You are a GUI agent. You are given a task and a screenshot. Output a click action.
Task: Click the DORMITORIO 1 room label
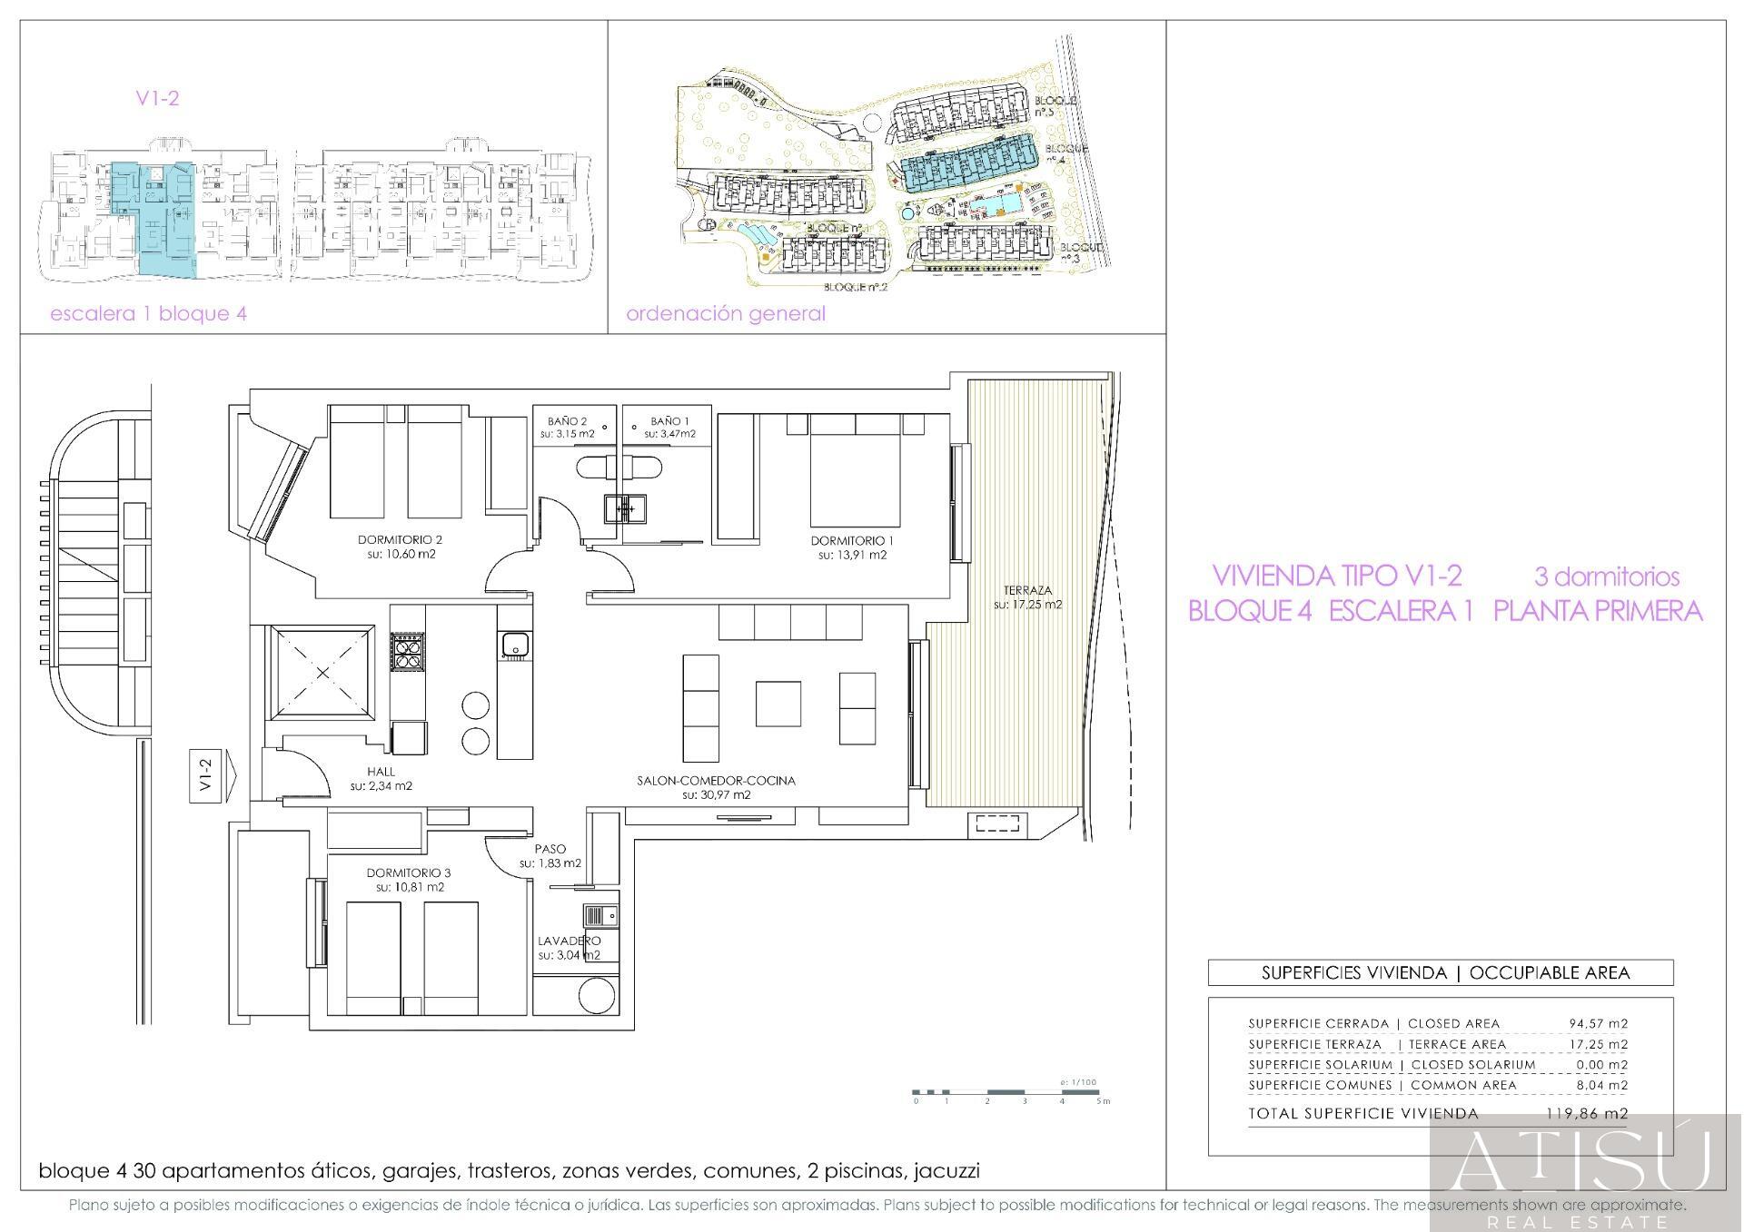point(852,541)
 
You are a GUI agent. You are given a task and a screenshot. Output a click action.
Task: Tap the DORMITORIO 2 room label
point(399,539)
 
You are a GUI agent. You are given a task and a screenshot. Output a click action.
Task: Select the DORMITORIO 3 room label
point(408,872)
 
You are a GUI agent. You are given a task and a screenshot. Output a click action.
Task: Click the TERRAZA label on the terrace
point(1027,589)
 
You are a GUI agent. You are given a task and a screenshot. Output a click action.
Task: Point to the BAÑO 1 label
point(669,421)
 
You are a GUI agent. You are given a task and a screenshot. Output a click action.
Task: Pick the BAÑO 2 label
point(567,421)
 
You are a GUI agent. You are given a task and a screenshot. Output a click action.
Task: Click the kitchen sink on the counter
point(515,646)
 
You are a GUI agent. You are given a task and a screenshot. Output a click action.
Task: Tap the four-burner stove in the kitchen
point(407,652)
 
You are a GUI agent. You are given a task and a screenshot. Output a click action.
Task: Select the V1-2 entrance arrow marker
point(212,777)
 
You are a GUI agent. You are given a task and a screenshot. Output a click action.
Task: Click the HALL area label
point(381,772)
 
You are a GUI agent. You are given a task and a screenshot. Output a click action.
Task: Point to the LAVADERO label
point(569,941)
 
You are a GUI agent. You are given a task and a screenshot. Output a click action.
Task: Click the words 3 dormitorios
point(1606,577)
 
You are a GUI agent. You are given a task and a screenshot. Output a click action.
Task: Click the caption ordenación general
point(726,314)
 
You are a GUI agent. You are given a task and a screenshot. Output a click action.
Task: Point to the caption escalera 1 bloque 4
point(148,314)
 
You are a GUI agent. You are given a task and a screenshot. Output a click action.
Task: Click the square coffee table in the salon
point(778,704)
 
